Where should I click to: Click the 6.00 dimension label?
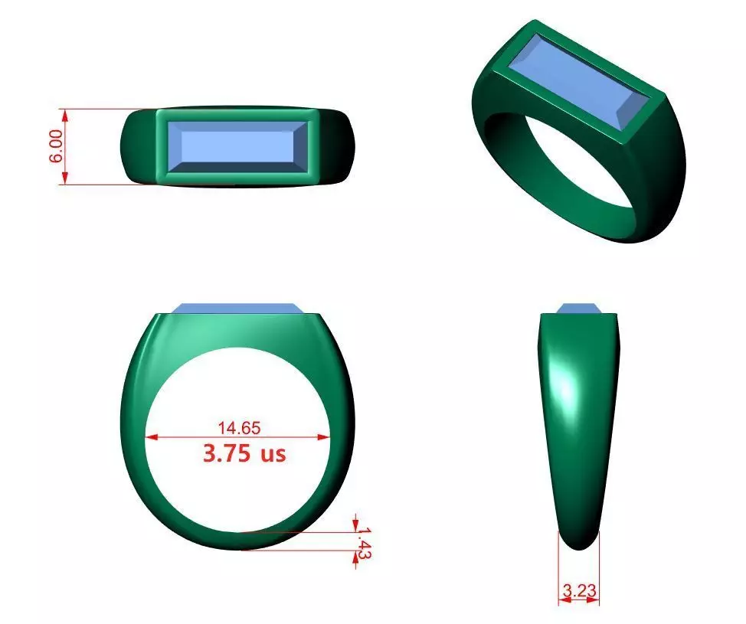tap(54, 146)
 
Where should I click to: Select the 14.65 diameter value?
tap(238, 428)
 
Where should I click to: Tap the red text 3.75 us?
tap(244, 452)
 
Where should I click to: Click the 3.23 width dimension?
tap(579, 590)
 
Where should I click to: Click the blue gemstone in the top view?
tap(237, 145)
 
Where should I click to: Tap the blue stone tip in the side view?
tap(578, 308)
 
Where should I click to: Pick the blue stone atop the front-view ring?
tap(237, 308)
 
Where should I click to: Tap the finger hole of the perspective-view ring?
tap(567, 165)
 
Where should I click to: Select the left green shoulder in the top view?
tap(139, 145)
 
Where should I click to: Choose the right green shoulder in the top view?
tap(335, 145)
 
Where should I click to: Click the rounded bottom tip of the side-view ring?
tap(579, 540)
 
